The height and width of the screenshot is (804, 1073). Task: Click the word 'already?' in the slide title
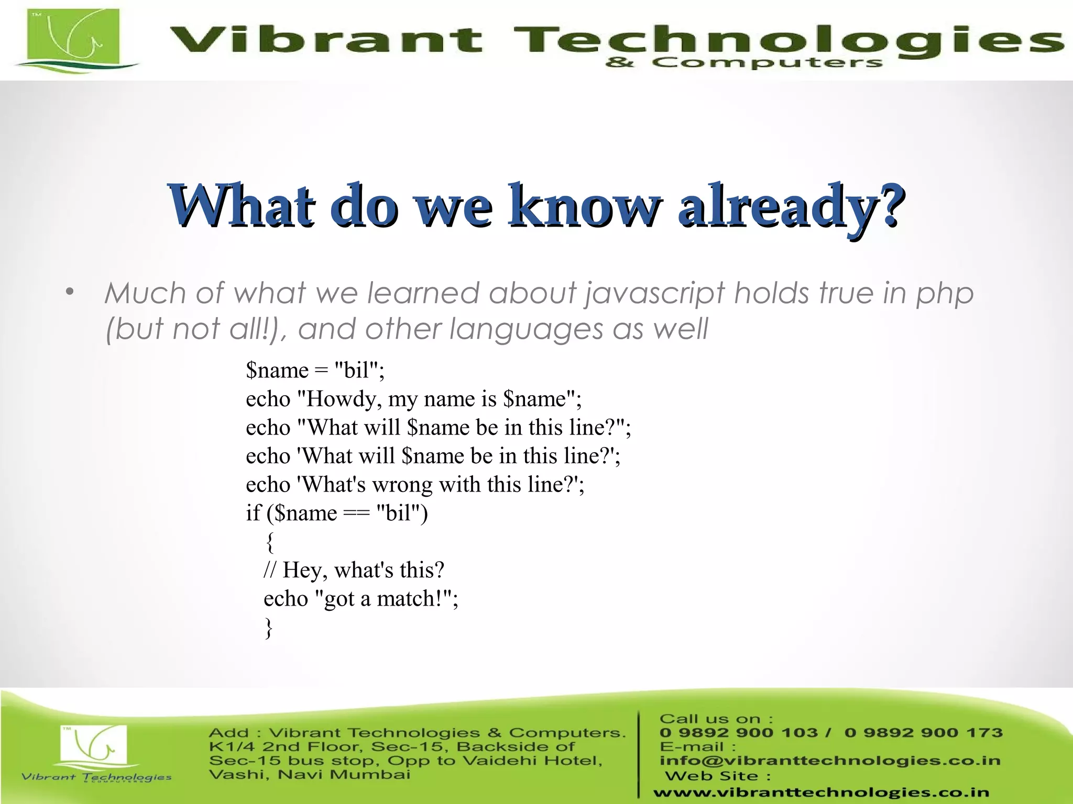791,205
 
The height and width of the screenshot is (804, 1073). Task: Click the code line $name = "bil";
315,371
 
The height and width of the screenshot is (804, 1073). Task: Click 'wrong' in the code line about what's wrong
403,485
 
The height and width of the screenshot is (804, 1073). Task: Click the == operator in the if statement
356,513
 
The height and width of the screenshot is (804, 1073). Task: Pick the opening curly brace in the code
270,542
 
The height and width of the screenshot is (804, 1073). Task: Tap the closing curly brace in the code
269,628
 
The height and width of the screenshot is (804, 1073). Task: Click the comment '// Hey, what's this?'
354,570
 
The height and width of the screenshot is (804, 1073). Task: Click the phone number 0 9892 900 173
923,733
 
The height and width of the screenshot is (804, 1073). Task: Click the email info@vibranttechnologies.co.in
830,761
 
